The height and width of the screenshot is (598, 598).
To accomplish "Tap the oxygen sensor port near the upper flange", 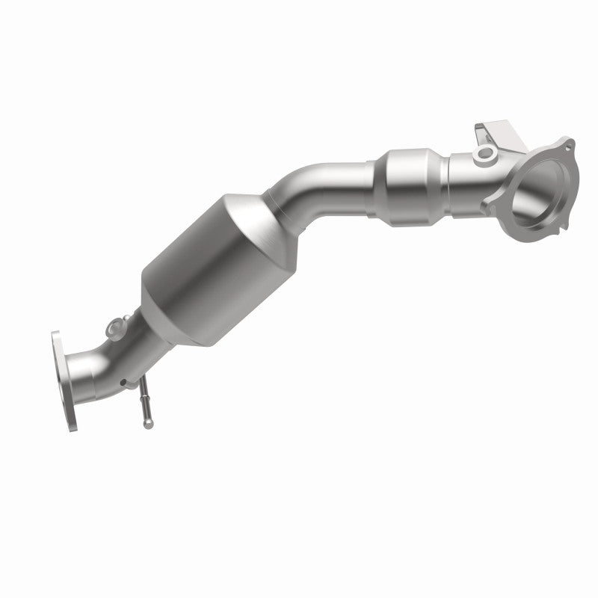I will [486, 155].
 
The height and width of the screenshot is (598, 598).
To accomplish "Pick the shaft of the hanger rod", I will [144, 404].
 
